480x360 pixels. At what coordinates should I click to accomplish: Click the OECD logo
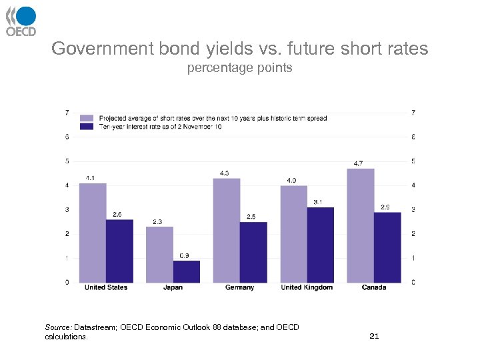pos(21,21)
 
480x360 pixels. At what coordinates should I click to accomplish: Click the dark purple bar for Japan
pos(186,271)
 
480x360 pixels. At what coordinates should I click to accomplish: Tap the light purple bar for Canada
pos(361,225)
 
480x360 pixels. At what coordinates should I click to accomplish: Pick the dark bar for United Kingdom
pos(320,245)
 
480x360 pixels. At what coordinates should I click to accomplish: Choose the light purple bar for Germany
pos(227,230)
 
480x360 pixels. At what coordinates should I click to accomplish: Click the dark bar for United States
pos(119,251)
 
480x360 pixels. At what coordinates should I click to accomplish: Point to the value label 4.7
pos(358,163)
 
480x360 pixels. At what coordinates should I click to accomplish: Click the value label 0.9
pos(185,255)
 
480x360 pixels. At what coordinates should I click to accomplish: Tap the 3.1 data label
pos(319,202)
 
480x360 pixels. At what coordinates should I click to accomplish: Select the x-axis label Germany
pos(239,287)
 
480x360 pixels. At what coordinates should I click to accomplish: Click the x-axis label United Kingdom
pos(307,287)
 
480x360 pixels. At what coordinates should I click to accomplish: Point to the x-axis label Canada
pos(374,287)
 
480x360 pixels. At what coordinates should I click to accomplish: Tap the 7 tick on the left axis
pos(66,112)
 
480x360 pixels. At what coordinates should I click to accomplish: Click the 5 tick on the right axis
pos(414,161)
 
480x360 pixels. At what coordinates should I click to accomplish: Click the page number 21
pos(374,336)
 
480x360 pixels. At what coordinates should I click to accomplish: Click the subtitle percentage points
pos(239,68)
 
